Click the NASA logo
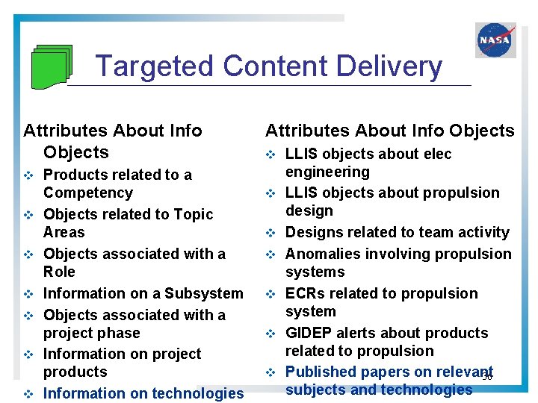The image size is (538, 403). tap(495, 40)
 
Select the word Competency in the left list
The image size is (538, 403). tap(87, 193)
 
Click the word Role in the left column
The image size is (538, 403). tap(59, 272)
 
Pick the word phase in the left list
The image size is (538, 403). tap(119, 333)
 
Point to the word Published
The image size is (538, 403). tap(321, 372)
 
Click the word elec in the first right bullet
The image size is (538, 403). tap(436, 154)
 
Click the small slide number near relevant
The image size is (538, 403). tap(487, 377)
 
